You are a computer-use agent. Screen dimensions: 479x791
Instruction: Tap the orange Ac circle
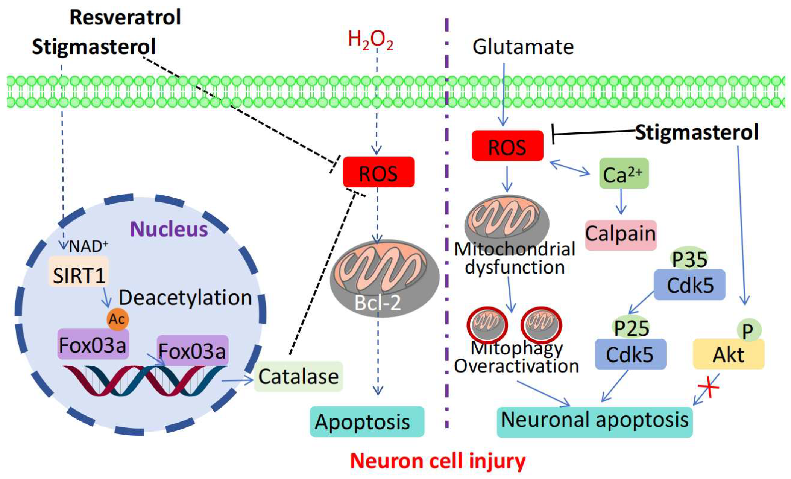118,319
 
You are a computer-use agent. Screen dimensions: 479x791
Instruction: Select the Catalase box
298,376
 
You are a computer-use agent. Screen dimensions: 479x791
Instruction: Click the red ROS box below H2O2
378,173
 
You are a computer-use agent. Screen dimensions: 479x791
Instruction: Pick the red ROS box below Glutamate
507,146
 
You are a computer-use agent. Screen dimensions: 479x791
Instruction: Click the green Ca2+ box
623,174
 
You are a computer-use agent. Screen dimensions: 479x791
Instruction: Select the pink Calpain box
621,235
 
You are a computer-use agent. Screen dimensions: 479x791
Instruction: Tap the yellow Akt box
729,354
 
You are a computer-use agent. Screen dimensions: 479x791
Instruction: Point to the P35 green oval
689,260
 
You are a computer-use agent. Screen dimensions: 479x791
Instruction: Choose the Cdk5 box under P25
630,354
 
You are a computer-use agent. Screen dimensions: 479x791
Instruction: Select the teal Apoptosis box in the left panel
366,422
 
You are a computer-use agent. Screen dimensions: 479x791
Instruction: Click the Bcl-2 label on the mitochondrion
378,302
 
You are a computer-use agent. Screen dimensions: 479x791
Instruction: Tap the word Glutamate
523,47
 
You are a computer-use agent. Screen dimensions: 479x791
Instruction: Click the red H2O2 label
370,40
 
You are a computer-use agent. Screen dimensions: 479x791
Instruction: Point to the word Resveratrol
125,18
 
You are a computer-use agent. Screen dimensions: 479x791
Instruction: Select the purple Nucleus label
169,229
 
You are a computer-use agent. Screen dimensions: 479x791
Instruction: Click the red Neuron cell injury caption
438,461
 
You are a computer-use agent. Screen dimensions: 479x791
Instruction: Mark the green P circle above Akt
748,331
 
